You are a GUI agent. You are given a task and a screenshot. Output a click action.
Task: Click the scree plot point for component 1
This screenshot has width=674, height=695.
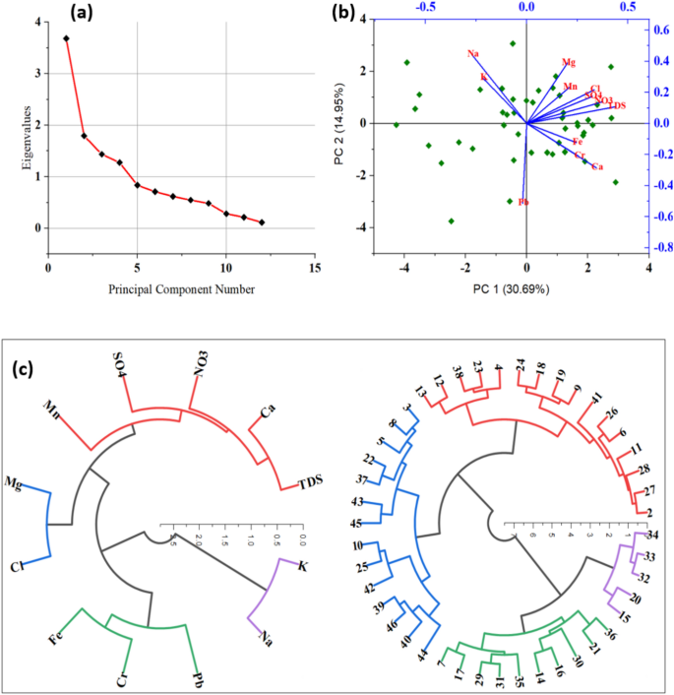[66, 38]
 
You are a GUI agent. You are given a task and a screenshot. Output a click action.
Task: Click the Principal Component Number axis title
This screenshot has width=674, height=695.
[181, 289]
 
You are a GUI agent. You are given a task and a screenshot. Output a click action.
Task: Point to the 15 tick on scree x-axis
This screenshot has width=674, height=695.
[315, 267]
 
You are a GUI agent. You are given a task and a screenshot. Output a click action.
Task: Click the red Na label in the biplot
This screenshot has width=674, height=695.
[473, 53]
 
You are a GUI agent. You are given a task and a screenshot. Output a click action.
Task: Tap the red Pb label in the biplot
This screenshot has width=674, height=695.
[524, 202]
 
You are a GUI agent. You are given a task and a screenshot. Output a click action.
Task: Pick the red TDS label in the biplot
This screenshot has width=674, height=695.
[617, 105]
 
